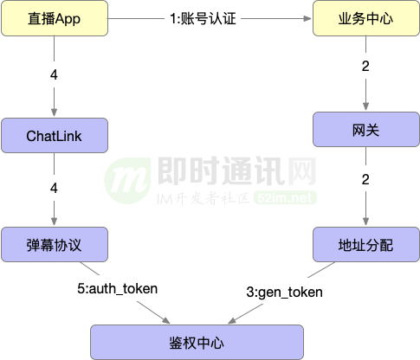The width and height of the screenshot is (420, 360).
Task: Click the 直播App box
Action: point(55,18)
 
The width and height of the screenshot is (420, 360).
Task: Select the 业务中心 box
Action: point(366,18)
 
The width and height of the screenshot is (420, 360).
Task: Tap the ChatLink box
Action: point(55,135)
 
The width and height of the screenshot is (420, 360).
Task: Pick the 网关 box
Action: point(366,130)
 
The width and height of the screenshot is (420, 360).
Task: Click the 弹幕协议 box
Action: point(55,245)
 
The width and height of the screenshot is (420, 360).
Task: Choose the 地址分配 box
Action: point(366,245)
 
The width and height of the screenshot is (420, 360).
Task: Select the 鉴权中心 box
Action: point(197,343)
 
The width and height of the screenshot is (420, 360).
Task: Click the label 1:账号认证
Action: point(203,19)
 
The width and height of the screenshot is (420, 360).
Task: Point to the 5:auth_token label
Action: point(118,289)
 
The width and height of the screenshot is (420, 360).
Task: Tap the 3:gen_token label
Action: point(284,292)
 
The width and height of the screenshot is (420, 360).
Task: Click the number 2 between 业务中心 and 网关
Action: point(365,67)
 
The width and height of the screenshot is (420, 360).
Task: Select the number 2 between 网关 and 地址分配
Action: point(365,180)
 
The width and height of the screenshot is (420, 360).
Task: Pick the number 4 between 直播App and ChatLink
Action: point(54,74)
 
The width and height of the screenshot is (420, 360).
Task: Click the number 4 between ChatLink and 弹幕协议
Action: point(54,188)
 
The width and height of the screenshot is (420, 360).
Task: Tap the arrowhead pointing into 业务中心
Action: point(307,18)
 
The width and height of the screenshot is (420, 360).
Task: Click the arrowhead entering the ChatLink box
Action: point(54,112)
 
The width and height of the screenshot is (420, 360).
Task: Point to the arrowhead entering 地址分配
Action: point(365,222)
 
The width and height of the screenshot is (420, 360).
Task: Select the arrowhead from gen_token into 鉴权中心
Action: point(232,320)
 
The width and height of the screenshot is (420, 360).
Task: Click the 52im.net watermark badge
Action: point(285,198)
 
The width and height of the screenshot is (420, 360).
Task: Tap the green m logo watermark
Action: point(127,181)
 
